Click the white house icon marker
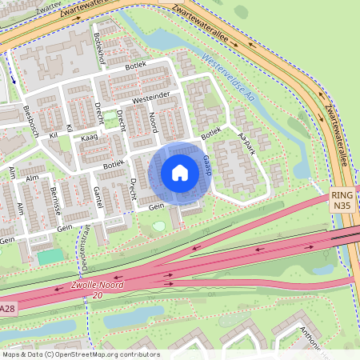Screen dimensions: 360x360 pyautogui.click(x=180, y=172)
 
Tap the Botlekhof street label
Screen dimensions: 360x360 pyautogui.click(x=99, y=47)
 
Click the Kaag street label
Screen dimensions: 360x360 pyautogui.click(x=89, y=138)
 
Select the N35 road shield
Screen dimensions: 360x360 pyautogui.click(x=342, y=206)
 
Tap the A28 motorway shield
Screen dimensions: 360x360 pyautogui.click(x=7, y=309)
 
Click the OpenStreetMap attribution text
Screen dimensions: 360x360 pyautogui.click(x=80, y=354)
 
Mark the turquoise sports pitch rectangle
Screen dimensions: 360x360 pyautogui.click(x=50, y=257)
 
